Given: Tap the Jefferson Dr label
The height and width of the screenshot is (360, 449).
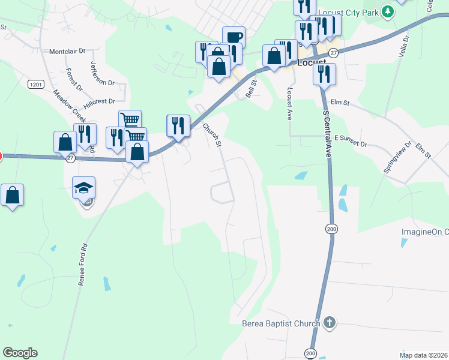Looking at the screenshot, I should [102, 72].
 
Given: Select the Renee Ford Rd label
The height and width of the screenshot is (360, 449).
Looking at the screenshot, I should [82, 263].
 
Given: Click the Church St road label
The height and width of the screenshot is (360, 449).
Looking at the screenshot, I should [212, 135].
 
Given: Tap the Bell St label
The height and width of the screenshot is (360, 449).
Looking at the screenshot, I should [251, 91].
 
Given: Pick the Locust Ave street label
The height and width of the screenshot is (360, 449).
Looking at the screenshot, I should [289, 104].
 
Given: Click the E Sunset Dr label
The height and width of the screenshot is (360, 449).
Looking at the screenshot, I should [351, 137].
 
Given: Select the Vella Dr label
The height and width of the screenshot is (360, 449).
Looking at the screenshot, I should [403, 46].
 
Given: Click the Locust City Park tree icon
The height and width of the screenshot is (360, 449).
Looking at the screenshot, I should [388, 11].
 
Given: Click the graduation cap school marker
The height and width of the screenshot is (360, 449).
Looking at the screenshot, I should [84, 187].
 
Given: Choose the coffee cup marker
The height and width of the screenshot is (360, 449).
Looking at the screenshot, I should [234, 37].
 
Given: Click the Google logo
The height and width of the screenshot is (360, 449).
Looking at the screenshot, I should [20, 353].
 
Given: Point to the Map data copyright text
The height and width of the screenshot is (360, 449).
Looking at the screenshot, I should [423, 355].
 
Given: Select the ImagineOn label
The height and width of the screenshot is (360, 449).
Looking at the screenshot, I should [425, 232].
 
